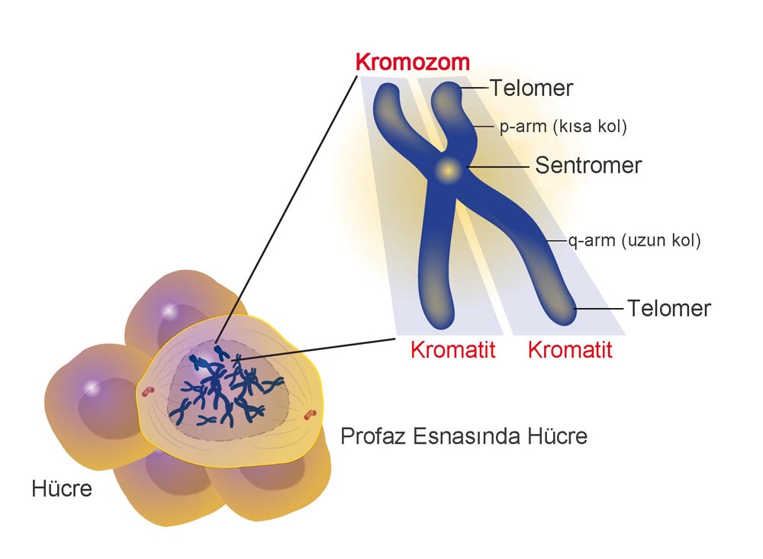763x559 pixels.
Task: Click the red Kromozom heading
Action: (x=412, y=63)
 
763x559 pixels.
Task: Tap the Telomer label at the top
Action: (x=531, y=88)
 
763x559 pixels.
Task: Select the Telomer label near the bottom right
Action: (x=668, y=308)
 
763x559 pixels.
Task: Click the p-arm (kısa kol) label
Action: (x=563, y=127)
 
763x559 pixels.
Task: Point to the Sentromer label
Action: (x=588, y=165)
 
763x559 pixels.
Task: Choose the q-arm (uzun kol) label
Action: (x=634, y=241)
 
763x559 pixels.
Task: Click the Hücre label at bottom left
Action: (x=62, y=488)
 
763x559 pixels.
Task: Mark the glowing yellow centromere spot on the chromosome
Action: (x=448, y=170)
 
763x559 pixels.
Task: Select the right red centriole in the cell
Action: (x=310, y=414)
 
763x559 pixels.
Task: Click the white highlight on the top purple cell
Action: (x=168, y=310)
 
